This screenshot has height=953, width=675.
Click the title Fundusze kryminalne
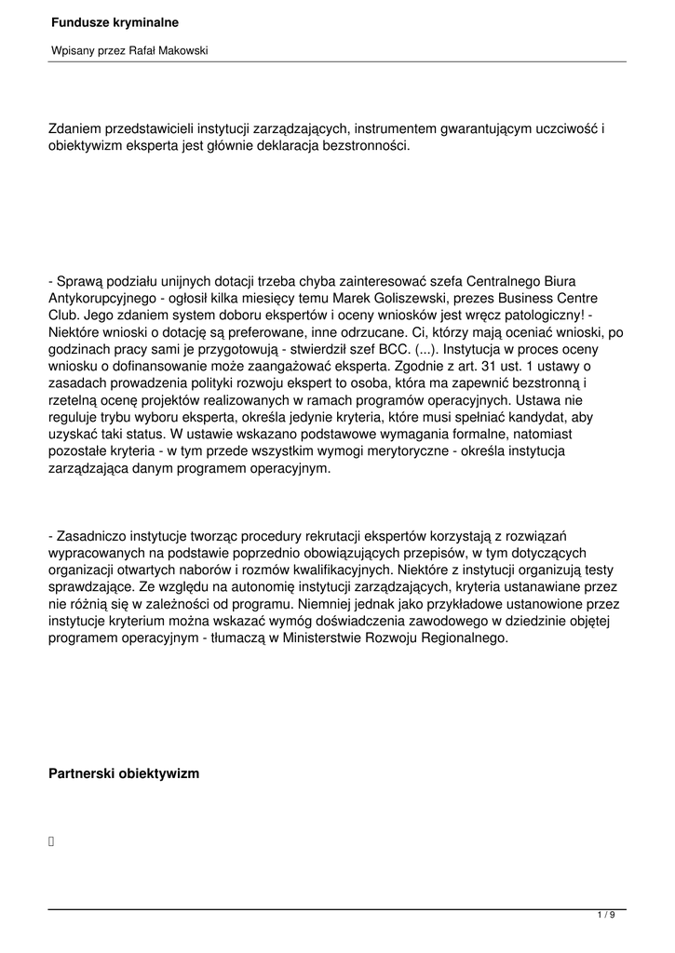[x=115, y=21]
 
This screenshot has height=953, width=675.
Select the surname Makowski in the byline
[x=183, y=50]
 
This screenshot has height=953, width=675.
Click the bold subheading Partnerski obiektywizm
[x=123, y=773]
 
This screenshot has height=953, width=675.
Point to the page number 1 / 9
[x=605, y=917]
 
